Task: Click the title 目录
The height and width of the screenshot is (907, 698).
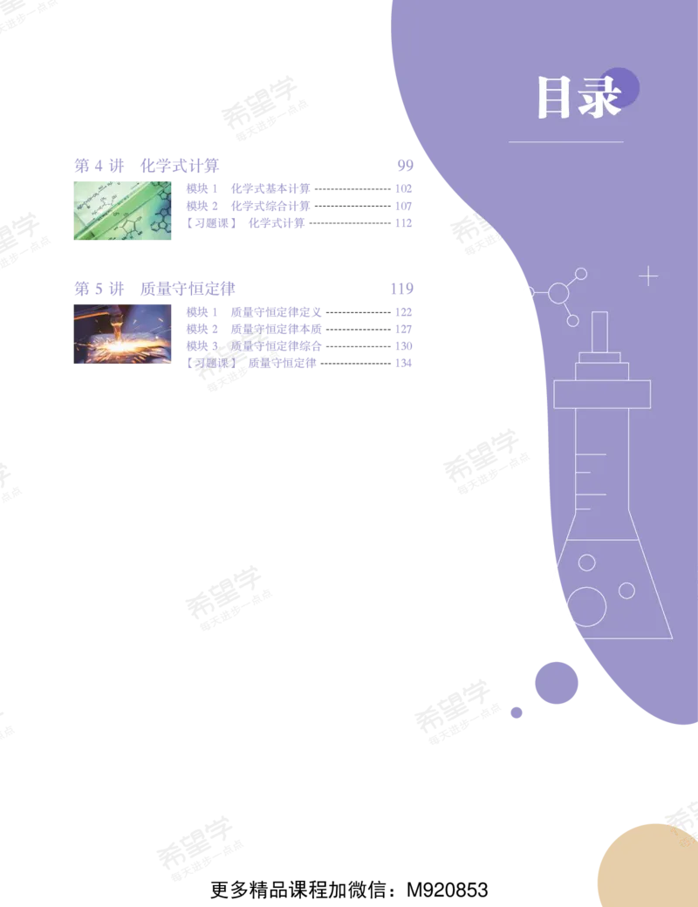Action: [x=579, y=97]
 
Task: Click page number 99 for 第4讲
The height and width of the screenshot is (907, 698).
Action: [x=405, y=166]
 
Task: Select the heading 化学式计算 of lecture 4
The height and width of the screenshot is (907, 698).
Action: [x=180, y=166]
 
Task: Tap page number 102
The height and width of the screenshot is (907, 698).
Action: [x=403, y=188]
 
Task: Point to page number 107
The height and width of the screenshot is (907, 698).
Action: [x=403, y=206]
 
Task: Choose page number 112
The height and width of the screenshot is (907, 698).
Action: [x=403, y=222]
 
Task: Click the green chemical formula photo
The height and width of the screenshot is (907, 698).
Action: [x=123, y=210]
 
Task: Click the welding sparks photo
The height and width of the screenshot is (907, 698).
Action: [x=123, y=334]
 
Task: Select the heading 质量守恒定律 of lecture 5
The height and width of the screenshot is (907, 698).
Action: [x=188, y=289]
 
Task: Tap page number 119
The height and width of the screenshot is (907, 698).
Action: [x=401, y=289]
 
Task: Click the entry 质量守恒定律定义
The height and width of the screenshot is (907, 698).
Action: [x=276, y=312]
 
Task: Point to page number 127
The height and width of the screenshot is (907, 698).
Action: [x=403, y=329]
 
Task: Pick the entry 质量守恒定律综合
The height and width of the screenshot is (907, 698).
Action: [x=276, y=346]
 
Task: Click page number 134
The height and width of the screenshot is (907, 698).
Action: [x=403, y=364]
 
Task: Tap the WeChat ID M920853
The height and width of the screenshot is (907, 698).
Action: [x=448, y=890]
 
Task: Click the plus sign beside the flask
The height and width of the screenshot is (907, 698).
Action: [x=648, y=276]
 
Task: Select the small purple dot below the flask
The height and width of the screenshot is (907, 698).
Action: [x=517, y=713]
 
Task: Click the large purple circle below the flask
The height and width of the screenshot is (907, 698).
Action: [x=556, y=683]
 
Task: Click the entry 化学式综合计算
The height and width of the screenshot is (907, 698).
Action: [x=270, y=206]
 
